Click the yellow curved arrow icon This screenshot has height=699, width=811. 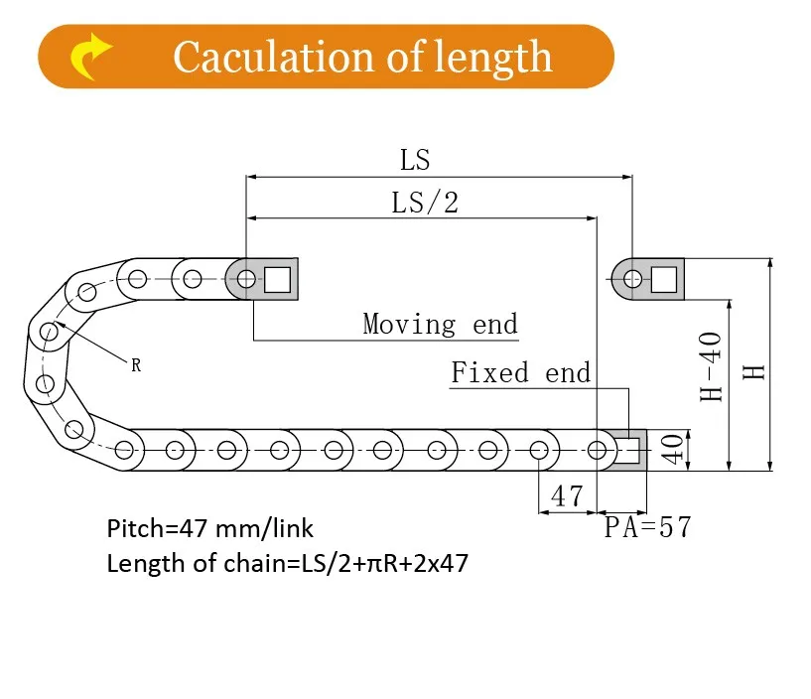91,57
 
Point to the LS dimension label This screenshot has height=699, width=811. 415,159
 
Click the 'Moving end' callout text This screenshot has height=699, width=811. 440,324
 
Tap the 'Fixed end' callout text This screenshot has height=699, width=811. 520,373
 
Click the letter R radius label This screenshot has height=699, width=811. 136,365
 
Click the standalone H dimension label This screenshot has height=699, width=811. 755,370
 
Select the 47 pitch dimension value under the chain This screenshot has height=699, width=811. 567,495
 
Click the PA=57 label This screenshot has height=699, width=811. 647,527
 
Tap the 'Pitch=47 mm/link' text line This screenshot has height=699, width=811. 210,528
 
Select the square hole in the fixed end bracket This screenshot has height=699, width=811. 627,450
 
